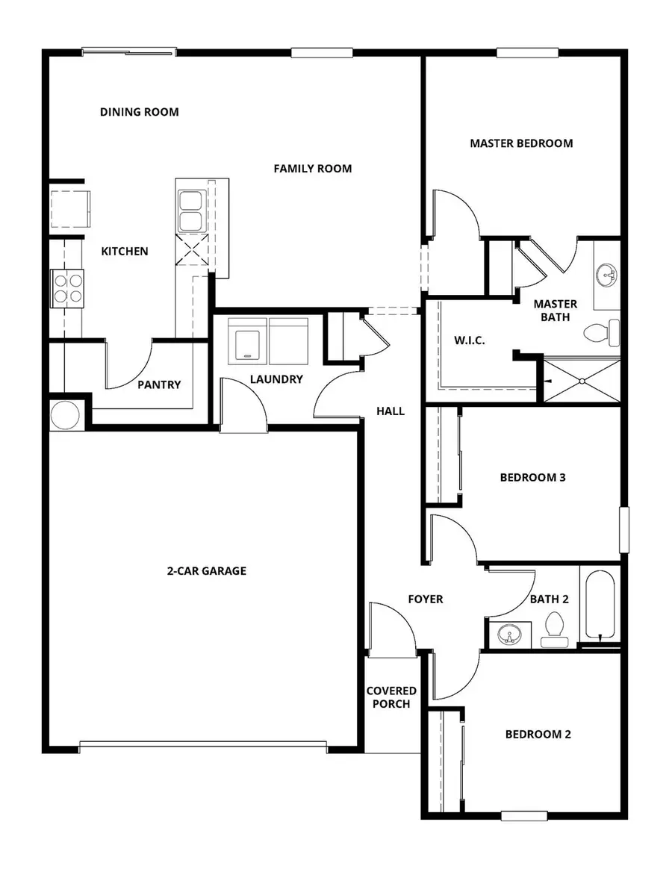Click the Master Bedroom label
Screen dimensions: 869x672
pyautogui.click(x=521, y=143)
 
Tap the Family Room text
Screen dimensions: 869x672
pyautogui.click(x=312, y=169)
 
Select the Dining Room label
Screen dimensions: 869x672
pyautogui.click(x=140, y=112)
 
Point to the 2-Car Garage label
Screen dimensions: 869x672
pyautogui.click(x=206, y=571)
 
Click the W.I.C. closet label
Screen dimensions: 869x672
pyautogui.click(x=470, y=340)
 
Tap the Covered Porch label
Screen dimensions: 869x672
pyautogui.click(x=391, y=697)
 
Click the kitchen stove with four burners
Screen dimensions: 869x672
pyautogui.click(x=67, y=287)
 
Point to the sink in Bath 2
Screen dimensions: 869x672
pyautogui.click(x=511, y=636)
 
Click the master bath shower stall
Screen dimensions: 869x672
pyautogui.click(x=581, y=381)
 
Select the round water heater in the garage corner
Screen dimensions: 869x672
pyautogui.click(x=65, y=414)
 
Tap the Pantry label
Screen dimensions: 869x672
pyautogui.click(x=159, y=384)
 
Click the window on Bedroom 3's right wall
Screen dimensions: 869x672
pyautogui.click(x=624, y=530)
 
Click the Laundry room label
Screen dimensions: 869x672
pyautogui.click(x=276, y=379)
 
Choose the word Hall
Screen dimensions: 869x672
pyautogui.click(x=391, y=411)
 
